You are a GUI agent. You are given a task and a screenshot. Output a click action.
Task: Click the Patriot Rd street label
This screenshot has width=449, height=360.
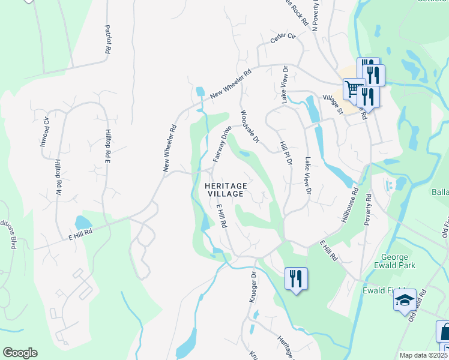(107, 40)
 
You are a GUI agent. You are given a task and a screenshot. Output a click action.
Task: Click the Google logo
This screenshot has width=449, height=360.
(20, 353)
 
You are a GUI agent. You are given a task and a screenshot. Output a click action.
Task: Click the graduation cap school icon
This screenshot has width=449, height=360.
(405, 299)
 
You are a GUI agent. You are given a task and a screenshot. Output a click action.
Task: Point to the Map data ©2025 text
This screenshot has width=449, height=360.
(422, 355)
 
